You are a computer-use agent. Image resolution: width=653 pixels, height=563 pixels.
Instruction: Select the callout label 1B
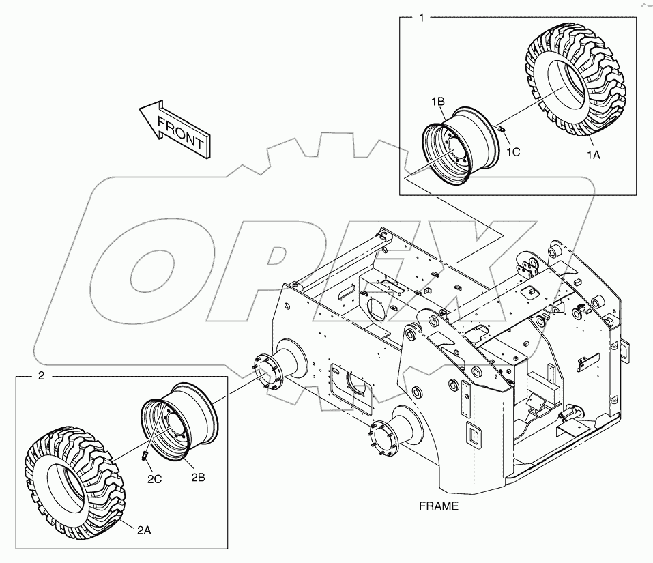pos(438,102)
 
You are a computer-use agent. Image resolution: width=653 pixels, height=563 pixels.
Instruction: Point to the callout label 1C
pos(513,152)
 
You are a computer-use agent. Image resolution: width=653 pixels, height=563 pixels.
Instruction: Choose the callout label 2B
pos(198,478)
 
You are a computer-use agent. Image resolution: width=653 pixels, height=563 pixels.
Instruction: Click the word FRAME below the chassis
pos(439,506)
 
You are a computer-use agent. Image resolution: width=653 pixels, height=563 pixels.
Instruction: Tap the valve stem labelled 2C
pos(145,455)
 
